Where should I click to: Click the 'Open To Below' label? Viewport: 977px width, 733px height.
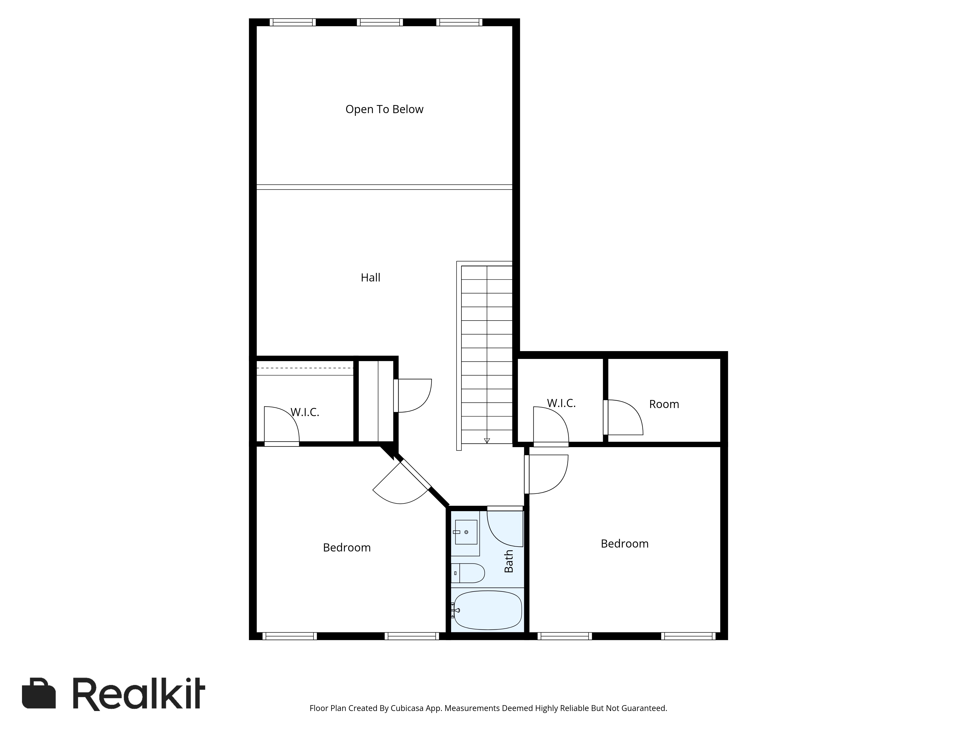click(x=384, y=109)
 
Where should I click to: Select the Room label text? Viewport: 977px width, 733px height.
click(x=664, y=404)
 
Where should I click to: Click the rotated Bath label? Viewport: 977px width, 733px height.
click(x=509, y=561)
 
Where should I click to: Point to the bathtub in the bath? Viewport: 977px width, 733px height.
click(x=488, y=610)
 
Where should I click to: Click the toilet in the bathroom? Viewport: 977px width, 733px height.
click(x=468, y=573)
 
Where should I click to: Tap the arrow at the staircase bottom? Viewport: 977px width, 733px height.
click(x=487, y=441)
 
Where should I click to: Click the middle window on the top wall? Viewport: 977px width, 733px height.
click(x=380, y=22)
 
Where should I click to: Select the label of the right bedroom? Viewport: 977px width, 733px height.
click(x=625, y=543)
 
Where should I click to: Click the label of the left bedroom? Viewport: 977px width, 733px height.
click(x=347, y=548)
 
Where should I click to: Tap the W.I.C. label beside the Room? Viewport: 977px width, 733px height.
click(x=561, y=403)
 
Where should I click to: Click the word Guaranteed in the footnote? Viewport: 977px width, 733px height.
click(x=644, y=721)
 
